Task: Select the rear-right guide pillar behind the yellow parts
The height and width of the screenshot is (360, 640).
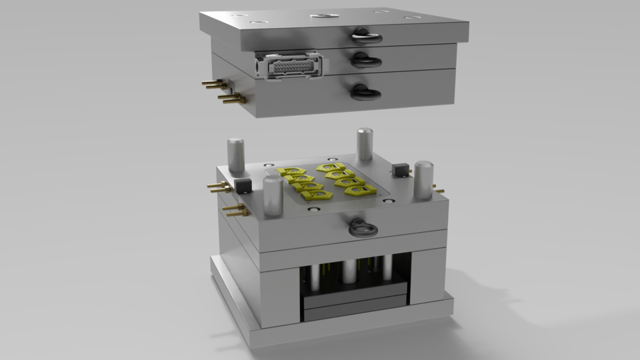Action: (364, 144)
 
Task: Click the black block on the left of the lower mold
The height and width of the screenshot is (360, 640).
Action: (241, 185)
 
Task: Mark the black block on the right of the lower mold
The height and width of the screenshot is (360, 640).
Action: (401, 170)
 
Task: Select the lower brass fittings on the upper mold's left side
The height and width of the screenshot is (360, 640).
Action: (229, 99)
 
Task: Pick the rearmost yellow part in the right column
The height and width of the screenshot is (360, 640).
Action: (330, 167)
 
